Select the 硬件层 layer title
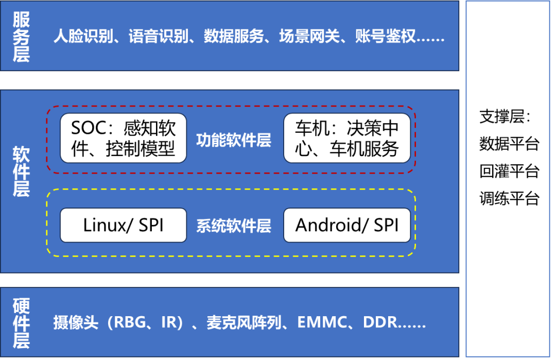coord(22,323)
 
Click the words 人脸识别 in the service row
coord(83,37)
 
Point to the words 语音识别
coord(159,37)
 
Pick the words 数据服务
coord(234,37)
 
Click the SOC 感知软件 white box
coord(123,138)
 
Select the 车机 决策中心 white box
coord(347,138)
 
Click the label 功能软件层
coord(234,141)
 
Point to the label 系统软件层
coord(234,226)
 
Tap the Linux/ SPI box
coord(123,225)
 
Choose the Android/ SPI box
coord(347,225)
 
